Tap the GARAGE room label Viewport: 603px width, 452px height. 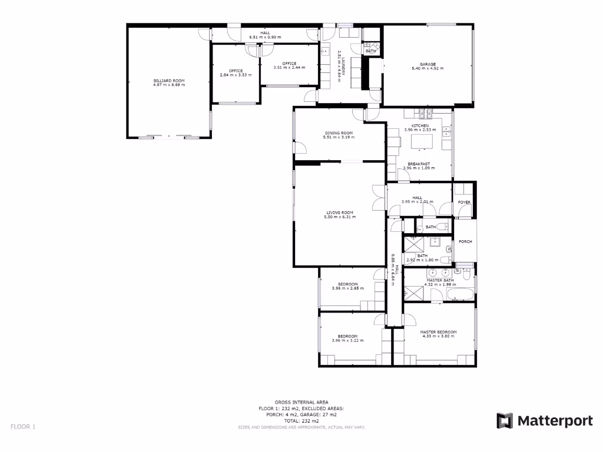tap(428, 64)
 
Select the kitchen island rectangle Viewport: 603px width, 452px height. tap(420, 142)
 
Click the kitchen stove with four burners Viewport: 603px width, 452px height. tap(426, 112)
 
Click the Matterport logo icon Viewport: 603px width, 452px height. tap(505, 420)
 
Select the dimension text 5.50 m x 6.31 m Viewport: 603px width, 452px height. tap(339, 217)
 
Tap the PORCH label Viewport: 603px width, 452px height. tap(465, 241)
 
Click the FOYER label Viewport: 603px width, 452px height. tap(464, 202)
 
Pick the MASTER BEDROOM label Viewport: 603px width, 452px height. tap(438, 332)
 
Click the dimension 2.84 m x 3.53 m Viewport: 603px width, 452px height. tap(236, 75)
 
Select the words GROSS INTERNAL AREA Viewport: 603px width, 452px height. tap(301, 402)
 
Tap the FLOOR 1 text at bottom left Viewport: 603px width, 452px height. tap(23, 426)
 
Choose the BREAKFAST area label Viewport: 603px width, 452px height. tap(419, 164)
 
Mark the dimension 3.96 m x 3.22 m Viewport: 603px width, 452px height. tap(347, 341)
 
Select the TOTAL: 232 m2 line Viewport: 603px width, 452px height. tap(301, 421)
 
